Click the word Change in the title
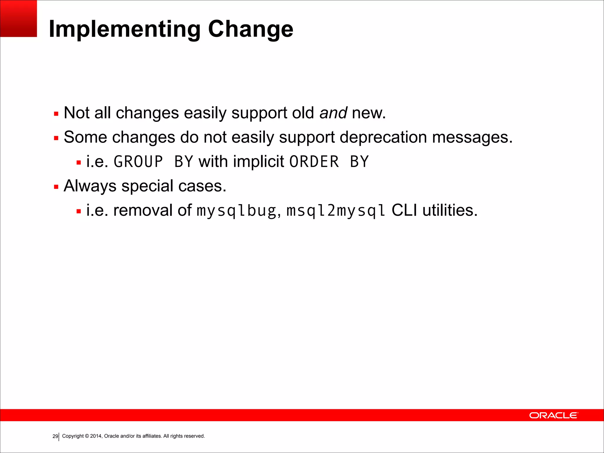point(250,29)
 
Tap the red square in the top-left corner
point(18,18)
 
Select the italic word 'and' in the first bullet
point(333,113)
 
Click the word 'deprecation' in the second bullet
point(383,137)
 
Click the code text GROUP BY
point(153,162)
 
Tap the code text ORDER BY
point(329,162)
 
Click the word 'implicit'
point(258,162)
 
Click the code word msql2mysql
point(336,211)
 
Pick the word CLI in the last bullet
point(404,210)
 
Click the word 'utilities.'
point(450,210)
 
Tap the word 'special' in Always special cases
point(147,186)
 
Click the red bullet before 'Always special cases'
point(56,187)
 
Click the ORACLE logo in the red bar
point(554,415)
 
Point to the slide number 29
point(55,436)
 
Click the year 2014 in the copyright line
point(96,436)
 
